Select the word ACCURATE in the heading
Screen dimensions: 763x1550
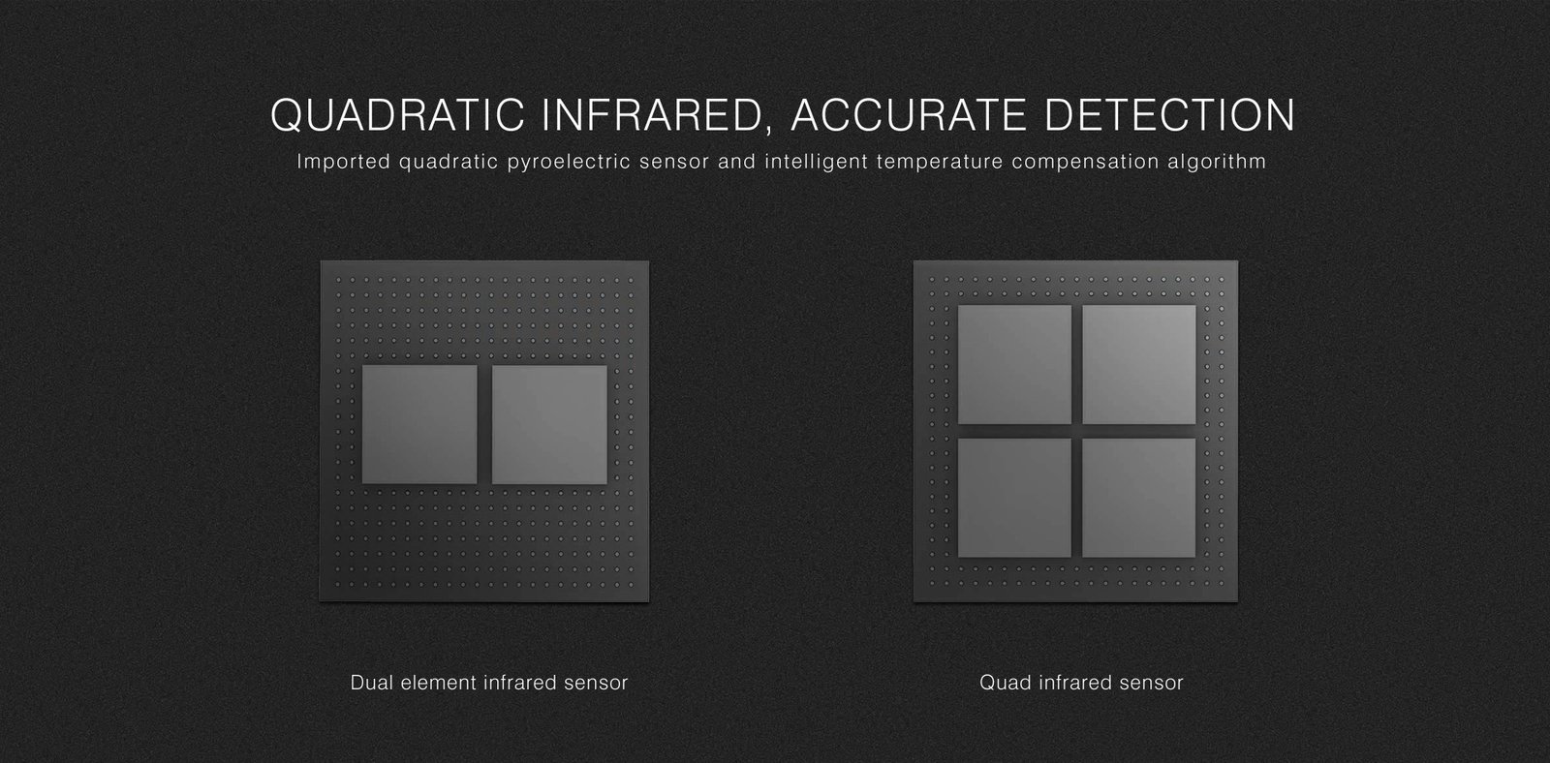point(912,115)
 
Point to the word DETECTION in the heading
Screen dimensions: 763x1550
point(1171,115)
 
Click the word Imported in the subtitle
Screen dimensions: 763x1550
point(343,161)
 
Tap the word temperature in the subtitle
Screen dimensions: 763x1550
point(939,161)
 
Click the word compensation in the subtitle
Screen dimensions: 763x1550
point(1085,161)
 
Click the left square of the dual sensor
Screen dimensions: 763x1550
point(419,424)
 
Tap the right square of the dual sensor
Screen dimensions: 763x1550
point(549,424)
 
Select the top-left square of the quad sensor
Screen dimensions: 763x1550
point(1014,363)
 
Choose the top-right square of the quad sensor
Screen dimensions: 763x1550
point(1138,363)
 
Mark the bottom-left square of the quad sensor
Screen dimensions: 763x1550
point(1014,497)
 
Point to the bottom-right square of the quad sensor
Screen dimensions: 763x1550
point(1138,497)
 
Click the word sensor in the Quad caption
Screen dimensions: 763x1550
point(1151,683)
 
